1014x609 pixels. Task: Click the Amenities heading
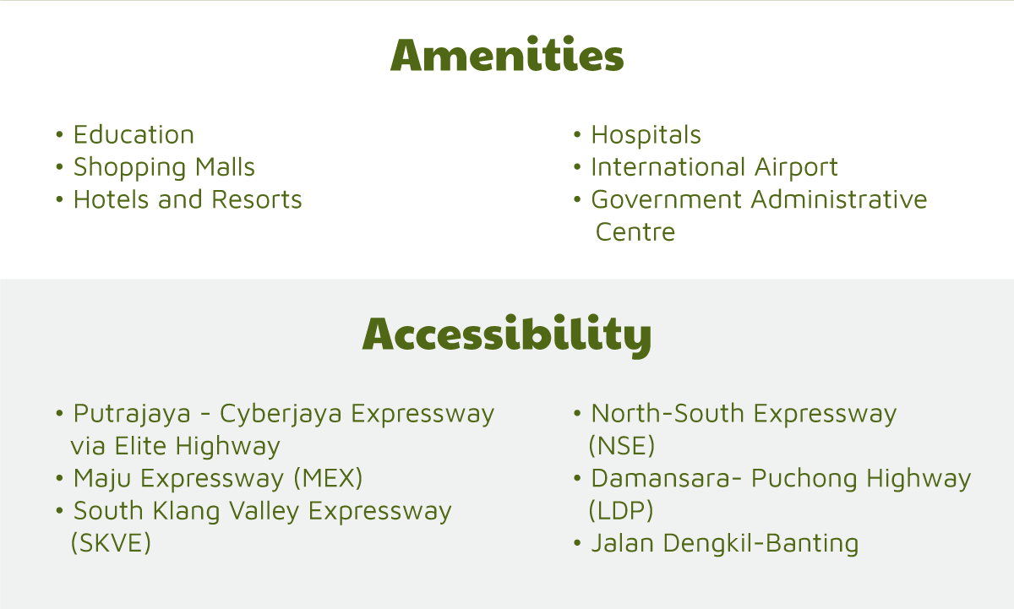click(x=507, y=54)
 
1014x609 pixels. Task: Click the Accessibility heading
click(x=507, y=334)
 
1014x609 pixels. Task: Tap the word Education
click(x=134, y=134)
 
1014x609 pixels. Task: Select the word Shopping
click(x=130, y=168)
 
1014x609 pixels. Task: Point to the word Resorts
click(x=257, y=199)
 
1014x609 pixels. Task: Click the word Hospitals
click(x=646, y=136)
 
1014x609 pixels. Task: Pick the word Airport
click(x=796, y=168)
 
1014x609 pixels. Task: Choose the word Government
click(x=667, y=199)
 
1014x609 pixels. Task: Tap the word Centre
click(x=635, y=232)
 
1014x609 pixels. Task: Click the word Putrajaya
click(x=132, y=415)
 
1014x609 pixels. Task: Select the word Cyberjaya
click(x=281, y=415)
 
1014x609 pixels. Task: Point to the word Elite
click(x=141, y=446)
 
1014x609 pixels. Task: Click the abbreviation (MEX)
click(x=328, y=478)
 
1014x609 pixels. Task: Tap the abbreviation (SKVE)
click(x=111, y=543)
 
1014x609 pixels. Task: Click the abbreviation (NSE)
click(x=622, y=446)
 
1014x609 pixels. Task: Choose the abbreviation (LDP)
click(x=621, y=510)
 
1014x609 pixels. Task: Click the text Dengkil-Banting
click(x=761, y=544)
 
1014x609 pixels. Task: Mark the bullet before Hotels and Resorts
click(x=59, y=199)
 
